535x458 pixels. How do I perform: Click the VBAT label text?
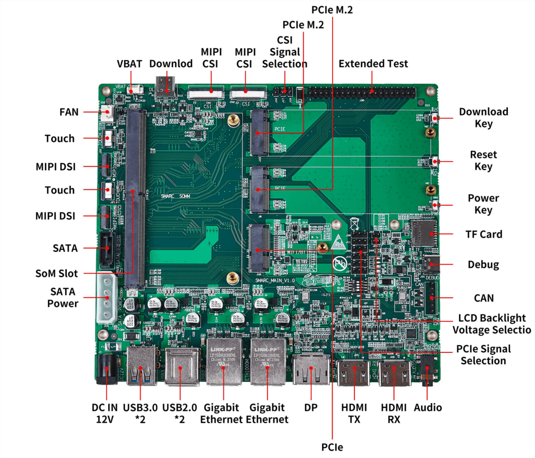pyautogui.click(x=129, y=64)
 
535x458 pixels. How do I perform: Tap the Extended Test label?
pyautogui.click(x=373, y=64)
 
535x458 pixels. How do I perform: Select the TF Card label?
pyautogui.click(x=484, y=234)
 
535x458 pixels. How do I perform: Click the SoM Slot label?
pyautogui.click(x=57, y=273)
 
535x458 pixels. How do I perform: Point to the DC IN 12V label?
pyautogui.click(x=105, y=413)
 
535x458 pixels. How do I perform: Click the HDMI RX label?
pyautogui.click(x=394, y=413)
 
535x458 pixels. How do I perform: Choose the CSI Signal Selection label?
pyautogui.click(x=284, y=52)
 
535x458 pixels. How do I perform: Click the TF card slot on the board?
pyautogui.click(x=424, y=233)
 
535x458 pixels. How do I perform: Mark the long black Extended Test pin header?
pyautogui.click(x=361, y=93)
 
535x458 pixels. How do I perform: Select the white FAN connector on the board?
pyautogui.click(x=107, y=113)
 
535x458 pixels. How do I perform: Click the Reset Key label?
pyautogui.click(x=483, y=160)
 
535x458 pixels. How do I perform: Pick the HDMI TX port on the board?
pyautogui.click(x=354, y=372)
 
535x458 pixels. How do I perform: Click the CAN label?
pyautogui.click(x=484, y=298)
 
